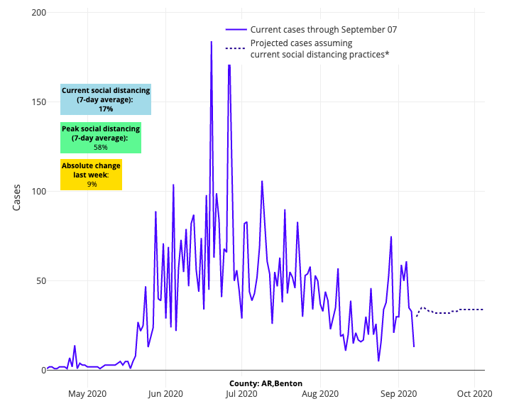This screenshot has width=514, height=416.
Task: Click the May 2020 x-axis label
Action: [87, 393]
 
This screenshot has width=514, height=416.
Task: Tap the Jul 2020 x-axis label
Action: [241, 393]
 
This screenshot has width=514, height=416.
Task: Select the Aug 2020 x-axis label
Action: [320, 393]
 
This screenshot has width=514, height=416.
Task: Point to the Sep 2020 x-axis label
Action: [398, 393]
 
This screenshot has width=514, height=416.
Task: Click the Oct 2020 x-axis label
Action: [474, 393]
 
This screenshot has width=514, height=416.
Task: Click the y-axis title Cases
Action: [17, 198]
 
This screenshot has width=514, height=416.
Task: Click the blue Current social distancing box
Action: [106, 99]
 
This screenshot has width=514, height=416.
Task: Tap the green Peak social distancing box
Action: [101, 138]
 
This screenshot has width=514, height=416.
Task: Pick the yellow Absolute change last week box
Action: [92, 175]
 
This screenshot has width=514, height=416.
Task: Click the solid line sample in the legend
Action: [236, 30]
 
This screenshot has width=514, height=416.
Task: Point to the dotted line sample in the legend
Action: [236, 48]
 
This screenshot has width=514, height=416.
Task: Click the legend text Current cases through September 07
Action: [324, 30]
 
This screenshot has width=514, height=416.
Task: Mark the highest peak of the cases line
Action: [211, 42]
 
